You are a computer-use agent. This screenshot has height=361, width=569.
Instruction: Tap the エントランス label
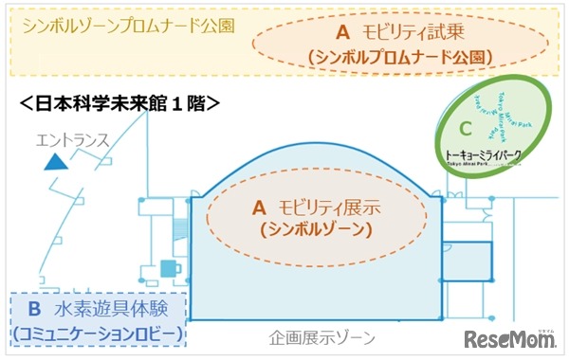(x=73, y=141)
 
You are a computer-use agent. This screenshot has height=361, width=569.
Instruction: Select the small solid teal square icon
(x=169, y=266)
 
